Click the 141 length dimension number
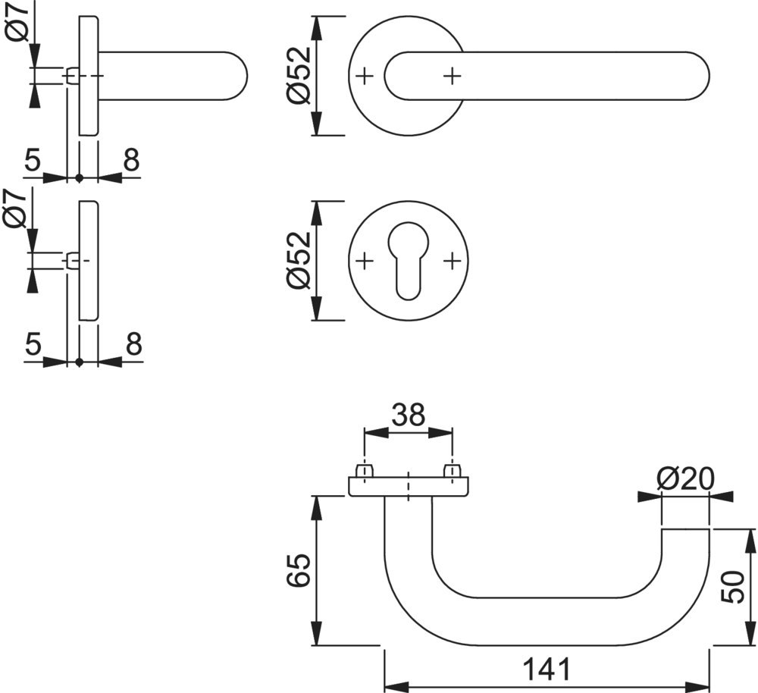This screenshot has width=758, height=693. tap(546, 669)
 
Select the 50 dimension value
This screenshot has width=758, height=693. tap(732, 587)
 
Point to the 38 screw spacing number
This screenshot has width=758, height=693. tap(408, 415)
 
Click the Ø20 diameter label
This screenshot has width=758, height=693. tap(685, 478)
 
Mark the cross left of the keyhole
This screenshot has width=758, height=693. tap(365, 261)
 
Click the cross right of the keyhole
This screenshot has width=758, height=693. tap(453, 261)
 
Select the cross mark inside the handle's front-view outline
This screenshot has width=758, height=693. tap(453, 75)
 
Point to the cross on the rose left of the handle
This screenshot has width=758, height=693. tap(365, 75)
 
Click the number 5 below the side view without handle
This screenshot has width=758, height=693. tap(32, 345)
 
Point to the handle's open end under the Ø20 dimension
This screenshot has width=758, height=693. tap(685, 531)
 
